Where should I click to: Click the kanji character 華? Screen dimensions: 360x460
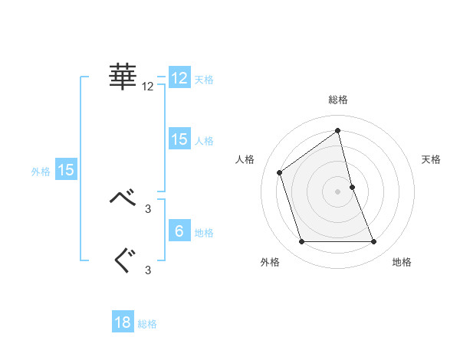123,77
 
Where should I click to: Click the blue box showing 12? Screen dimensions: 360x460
179,78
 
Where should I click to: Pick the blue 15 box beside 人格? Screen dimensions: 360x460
179,139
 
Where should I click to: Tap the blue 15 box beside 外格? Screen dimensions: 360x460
66,171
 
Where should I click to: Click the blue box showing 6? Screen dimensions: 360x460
179,231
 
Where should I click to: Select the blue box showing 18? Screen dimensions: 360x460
123,322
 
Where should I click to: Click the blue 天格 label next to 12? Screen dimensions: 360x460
204,80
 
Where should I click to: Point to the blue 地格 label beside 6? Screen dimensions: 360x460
204,233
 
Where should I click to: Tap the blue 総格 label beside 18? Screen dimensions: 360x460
147,324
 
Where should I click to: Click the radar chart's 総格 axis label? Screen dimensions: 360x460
337,100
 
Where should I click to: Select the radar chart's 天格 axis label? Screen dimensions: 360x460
431,159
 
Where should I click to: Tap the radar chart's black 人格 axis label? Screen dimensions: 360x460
245,159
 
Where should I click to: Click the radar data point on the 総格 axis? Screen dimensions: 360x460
337,130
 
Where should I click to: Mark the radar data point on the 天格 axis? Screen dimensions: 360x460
352,186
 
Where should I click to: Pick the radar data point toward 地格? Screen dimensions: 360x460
374,242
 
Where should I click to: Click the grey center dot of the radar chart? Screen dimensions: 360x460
337,191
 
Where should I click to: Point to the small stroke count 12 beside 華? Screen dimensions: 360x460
148,87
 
